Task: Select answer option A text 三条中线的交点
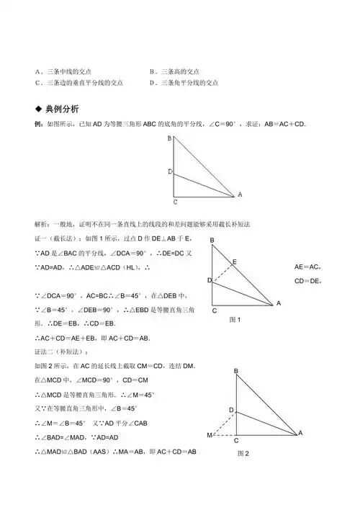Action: click(x=76, y=72)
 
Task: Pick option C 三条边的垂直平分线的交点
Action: click(x=82, y=83)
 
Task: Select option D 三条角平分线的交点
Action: click(x=183, y=83)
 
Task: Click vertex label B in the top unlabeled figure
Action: click(x=168, y=138)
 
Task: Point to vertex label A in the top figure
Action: click(x=240, y=194)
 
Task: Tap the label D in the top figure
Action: click(x=169, y=172)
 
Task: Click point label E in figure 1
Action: click(x=233, y=263)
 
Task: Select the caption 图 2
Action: click(x=243, y=454)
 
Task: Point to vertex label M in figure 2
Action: click(x=210, y=435)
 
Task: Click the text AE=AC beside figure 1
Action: click(x=308, y=267)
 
